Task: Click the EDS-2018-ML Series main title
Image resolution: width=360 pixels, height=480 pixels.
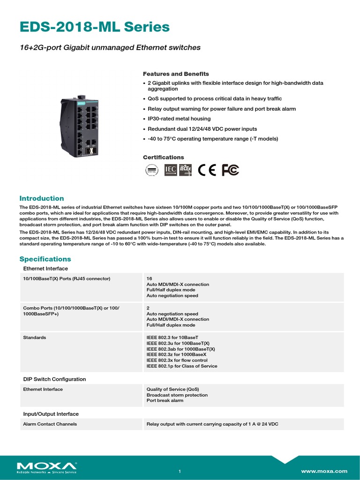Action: coord(94,28)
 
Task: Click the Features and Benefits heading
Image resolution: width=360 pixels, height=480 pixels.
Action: coord(175,74)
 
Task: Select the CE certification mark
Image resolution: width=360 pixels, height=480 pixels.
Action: coord(207,170)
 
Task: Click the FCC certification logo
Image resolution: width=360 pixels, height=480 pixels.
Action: coord(230,170)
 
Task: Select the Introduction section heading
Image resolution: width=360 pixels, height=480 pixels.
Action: coord(41,198)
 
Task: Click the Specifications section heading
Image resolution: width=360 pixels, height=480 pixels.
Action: coord(45,259)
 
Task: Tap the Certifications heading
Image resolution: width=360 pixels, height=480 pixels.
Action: coord(163,157)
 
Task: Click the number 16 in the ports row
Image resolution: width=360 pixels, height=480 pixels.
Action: coord(150,278)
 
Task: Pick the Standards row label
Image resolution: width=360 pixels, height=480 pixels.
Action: coord(35,337)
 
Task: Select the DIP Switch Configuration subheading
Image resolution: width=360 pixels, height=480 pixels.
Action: coord(54,379)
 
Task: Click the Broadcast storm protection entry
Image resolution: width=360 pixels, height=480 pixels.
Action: coord(177,395)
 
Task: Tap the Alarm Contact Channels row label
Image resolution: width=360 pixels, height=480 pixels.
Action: coord(50,424)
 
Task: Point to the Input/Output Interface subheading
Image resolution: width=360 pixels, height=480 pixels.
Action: coord(51,414)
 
